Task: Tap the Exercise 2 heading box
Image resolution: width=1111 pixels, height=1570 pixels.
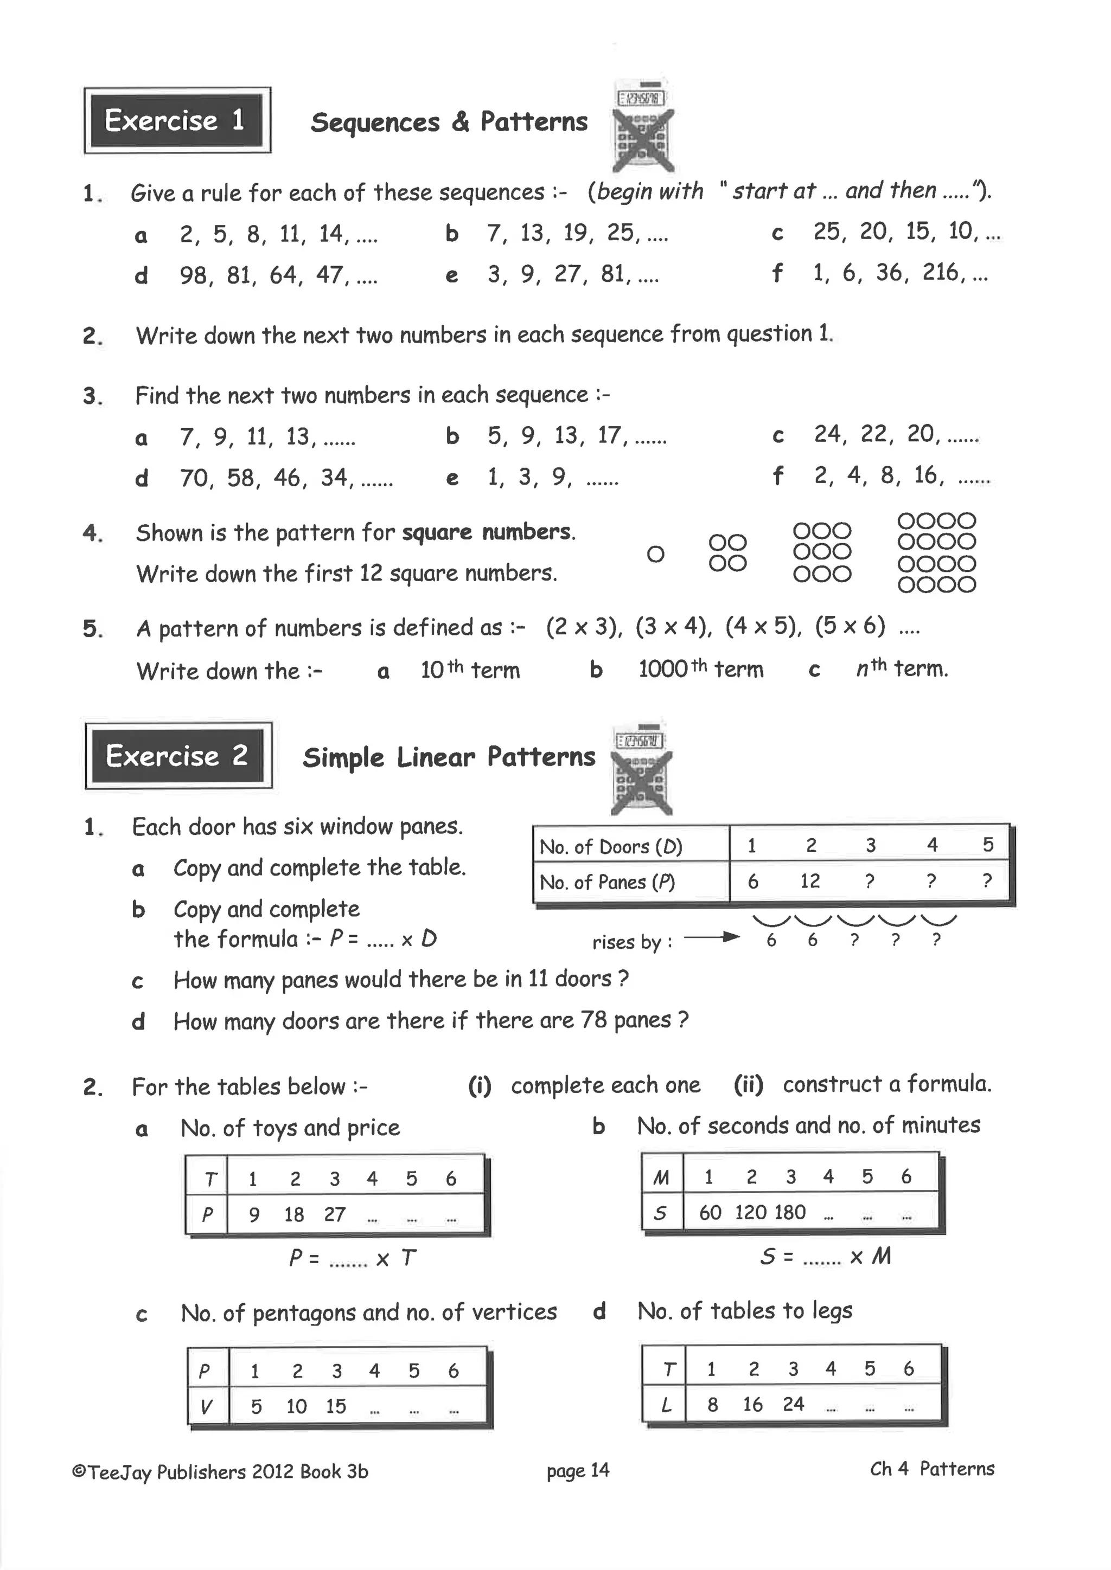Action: [178, 756]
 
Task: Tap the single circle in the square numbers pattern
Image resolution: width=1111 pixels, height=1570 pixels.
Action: [655, 554]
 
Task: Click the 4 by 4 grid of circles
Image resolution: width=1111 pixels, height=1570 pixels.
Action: [936, 552]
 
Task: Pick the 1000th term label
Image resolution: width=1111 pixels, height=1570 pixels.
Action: [700, 669]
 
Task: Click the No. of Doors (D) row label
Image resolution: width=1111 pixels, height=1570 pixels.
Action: [610, 847]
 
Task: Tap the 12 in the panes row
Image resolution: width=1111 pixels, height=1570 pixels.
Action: [809, 881]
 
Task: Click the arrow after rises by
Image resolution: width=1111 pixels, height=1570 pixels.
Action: [712, 937]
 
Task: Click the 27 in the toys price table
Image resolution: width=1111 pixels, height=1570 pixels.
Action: [335, 1214]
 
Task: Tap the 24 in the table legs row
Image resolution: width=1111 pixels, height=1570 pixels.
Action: [793, 1405]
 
